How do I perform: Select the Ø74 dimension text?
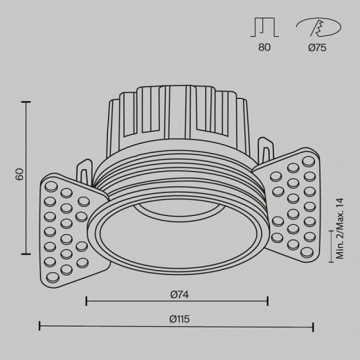tap(179, 294)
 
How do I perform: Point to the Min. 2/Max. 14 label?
tap(340, 228)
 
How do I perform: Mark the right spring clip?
tap(266, 147)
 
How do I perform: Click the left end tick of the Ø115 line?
tap(39, 326)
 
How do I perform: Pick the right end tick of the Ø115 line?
tap(314, 326)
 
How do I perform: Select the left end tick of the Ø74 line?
tap(86, 301)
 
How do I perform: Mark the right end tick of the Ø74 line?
tap(268, 301)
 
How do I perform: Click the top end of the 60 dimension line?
tap(28, 102)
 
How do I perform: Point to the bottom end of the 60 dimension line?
tap(28, 254)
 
